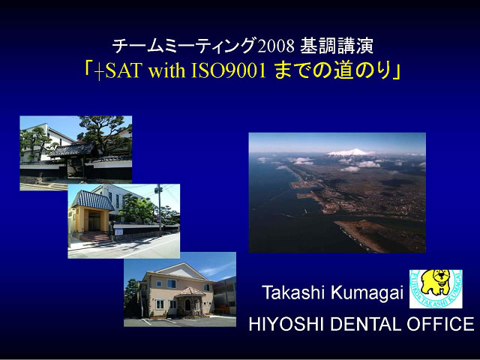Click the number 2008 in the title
click(x=276, y=46)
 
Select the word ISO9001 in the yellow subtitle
click(x=229, y=70)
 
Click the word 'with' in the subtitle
click(x=166, y=70)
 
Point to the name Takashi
click(x=293, y=292)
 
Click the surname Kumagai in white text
click(x=367, y=293)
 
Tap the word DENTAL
click(x=365, y=324)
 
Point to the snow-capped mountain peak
click(x=352, y=152)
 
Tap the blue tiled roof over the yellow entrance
click(x=93, y=200)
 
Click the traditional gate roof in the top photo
click(x=73, y=150)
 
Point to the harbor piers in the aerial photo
click(x=306, y=189)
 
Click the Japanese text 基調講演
click(x=337, y=46)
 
